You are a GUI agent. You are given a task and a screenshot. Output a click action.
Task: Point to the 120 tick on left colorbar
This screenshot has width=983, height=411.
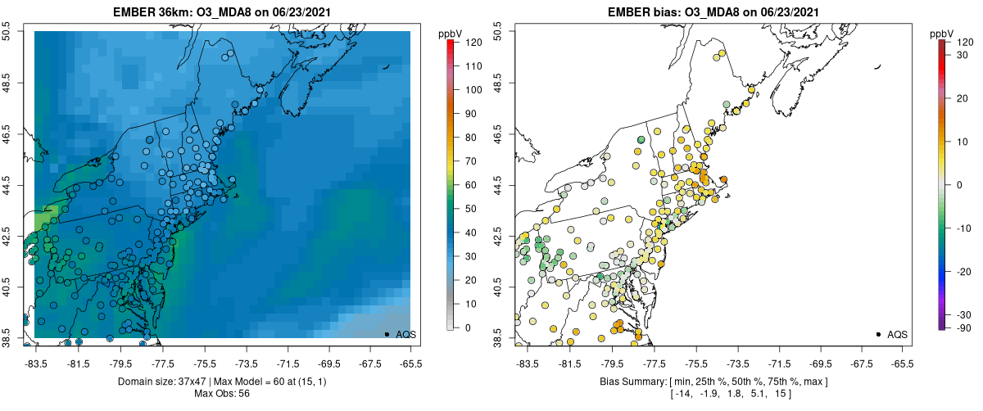pyautogui.click(x=473, y=41)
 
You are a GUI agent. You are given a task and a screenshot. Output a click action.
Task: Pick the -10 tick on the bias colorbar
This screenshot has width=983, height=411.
pyautogui.click(x=963, y=228)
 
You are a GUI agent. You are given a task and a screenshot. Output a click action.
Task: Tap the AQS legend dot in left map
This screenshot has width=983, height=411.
pyautogui.click(x=387, y=334)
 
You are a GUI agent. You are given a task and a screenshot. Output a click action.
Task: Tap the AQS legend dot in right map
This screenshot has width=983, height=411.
pyautogui.click(x=877, y=334)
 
